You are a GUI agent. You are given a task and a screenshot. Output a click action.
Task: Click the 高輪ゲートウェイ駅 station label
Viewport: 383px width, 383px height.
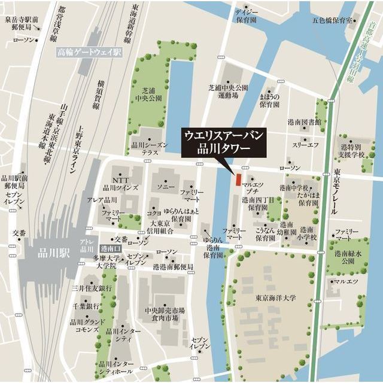click(x=89, y=53)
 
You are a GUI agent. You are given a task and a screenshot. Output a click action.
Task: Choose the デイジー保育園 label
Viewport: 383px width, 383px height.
click(x=245, y=15)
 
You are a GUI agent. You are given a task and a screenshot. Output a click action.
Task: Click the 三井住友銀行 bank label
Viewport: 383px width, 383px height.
click(x=92, y=288)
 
